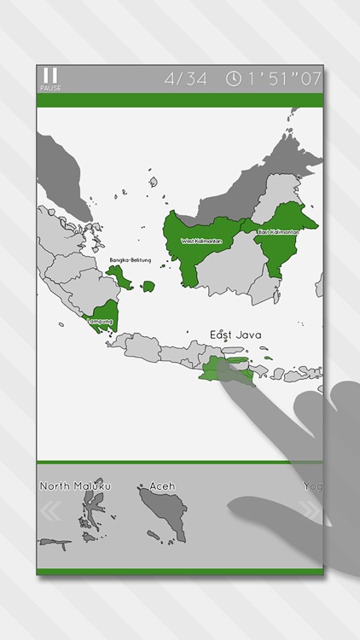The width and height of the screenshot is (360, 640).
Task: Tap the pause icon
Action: [x=50, y=75]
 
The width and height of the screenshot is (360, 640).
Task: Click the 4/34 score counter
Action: [x=186, y=79]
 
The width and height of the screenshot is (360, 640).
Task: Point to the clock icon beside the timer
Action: [x=233, y=79]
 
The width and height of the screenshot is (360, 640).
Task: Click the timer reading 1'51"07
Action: [x=284, y=79]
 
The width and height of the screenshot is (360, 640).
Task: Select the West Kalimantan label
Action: [x=201, y=241]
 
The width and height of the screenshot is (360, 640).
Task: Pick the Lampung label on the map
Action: [x=100, y=321]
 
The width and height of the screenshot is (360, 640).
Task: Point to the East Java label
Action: [x=235, y=335]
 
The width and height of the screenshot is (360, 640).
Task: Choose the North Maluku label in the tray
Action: [x=76, y=486]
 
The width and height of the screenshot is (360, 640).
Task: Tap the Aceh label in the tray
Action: [x=162, y=486]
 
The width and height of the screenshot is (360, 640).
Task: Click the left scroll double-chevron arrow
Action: [x=50, y=512]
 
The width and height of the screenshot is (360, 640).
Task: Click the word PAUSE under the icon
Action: [x=50, y=88]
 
